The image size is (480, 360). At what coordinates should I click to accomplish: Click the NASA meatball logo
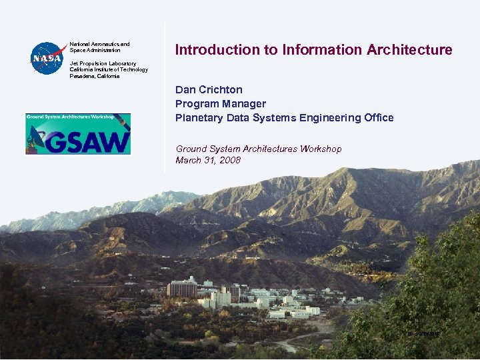[x=47, y=58]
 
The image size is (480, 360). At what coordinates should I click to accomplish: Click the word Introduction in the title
[x=209, y=50]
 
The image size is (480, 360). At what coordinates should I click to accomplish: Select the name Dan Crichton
[x=209, y=89]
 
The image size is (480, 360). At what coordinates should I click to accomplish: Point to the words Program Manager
[x=221, y=103]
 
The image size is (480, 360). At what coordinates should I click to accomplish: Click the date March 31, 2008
[x=208, y=160]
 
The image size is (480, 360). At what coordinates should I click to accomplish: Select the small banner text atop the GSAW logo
[x=69, y=117]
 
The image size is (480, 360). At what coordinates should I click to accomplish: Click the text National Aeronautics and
[x=99, y=44]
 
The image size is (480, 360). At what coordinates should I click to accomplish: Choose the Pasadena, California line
[x=95, y=76]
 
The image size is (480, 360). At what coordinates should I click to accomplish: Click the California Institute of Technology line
[x=109, y=69]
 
